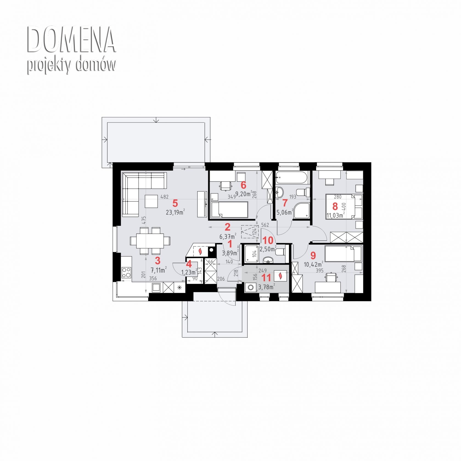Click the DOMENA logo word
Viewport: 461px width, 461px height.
click(71, 40)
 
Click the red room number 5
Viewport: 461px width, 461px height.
click(175, 203)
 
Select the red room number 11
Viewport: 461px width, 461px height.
click(266, 277)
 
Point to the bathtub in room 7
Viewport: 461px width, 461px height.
click(293, 178)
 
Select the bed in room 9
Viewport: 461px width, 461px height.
click(343, 253)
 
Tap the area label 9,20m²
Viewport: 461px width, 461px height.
click(244, 194)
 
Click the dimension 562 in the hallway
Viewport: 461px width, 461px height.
click(265, 225)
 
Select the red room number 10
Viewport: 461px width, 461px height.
click(268, 240)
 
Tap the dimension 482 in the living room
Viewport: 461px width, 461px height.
click(164, 196)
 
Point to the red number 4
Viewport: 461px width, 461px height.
click(189, 264)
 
